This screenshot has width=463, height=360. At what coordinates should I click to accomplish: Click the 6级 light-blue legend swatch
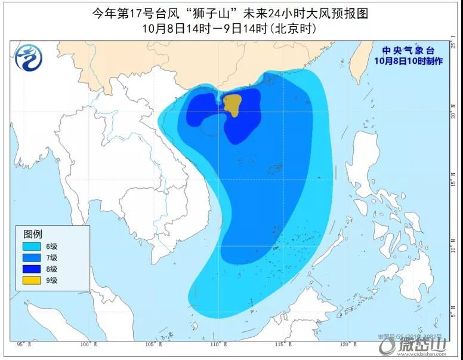[31, 247]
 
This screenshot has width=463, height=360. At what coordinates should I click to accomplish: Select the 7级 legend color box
[31, 257]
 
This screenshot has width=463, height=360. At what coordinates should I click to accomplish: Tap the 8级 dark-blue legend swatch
[31, 268]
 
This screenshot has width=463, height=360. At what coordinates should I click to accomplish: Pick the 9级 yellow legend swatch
[31, 279]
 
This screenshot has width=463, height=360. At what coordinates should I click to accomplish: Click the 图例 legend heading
[33, 233]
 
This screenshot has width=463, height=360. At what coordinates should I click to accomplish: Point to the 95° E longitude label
[24, 344]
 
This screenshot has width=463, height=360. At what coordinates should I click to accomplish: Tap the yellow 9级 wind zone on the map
[232, 104]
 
